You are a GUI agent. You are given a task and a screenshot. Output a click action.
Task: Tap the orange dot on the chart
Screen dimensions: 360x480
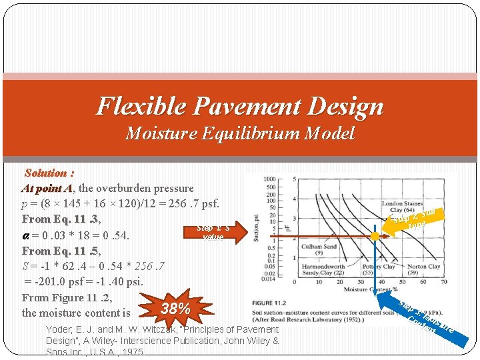point(376,236)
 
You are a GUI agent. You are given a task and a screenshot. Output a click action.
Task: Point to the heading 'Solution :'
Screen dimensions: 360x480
point(49,173)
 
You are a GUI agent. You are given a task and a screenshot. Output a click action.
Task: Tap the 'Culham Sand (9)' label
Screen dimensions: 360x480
point(320,249)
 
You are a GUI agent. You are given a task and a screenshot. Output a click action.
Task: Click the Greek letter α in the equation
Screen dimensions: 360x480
point(25,235)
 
